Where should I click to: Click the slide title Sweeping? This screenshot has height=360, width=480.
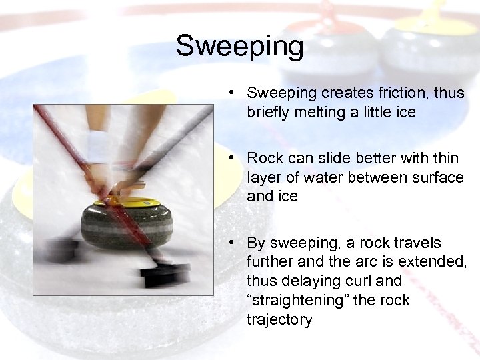point(239,47)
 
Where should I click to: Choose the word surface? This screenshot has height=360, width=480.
point(437,177)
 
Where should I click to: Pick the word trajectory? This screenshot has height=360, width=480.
point(279,319)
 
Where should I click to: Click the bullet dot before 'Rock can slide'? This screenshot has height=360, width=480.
point(229,158)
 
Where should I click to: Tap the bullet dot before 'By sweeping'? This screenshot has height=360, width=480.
point(229,243)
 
